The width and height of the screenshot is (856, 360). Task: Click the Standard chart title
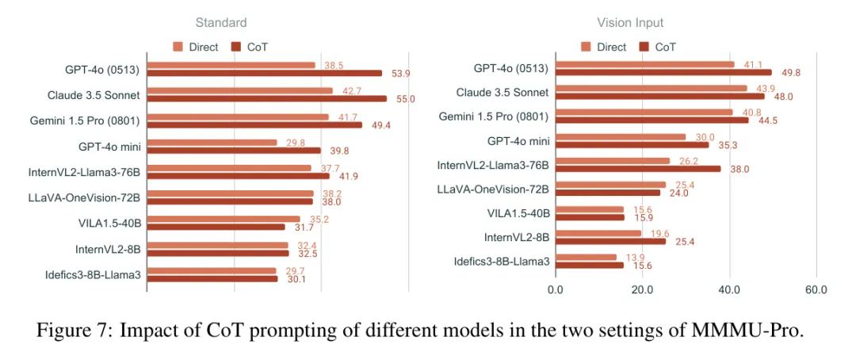[221, 23]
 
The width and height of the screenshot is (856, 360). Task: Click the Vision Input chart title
[630, 23]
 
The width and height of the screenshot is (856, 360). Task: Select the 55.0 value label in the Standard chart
[406, 98]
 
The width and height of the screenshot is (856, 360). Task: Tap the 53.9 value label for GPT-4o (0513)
[401, 73]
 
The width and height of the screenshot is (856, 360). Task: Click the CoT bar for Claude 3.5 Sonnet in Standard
[267, 99]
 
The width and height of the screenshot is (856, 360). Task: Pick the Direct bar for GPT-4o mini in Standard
[212, 143]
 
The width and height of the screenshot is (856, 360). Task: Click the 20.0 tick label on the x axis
[642, 289]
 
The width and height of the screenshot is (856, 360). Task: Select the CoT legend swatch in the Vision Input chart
[644, 47]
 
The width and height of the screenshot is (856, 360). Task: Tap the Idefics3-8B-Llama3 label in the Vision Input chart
[502, 262]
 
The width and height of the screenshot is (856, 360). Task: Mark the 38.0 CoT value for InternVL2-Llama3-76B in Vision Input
[739, 169]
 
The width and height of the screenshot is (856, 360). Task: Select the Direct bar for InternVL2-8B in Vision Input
[598, 233]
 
